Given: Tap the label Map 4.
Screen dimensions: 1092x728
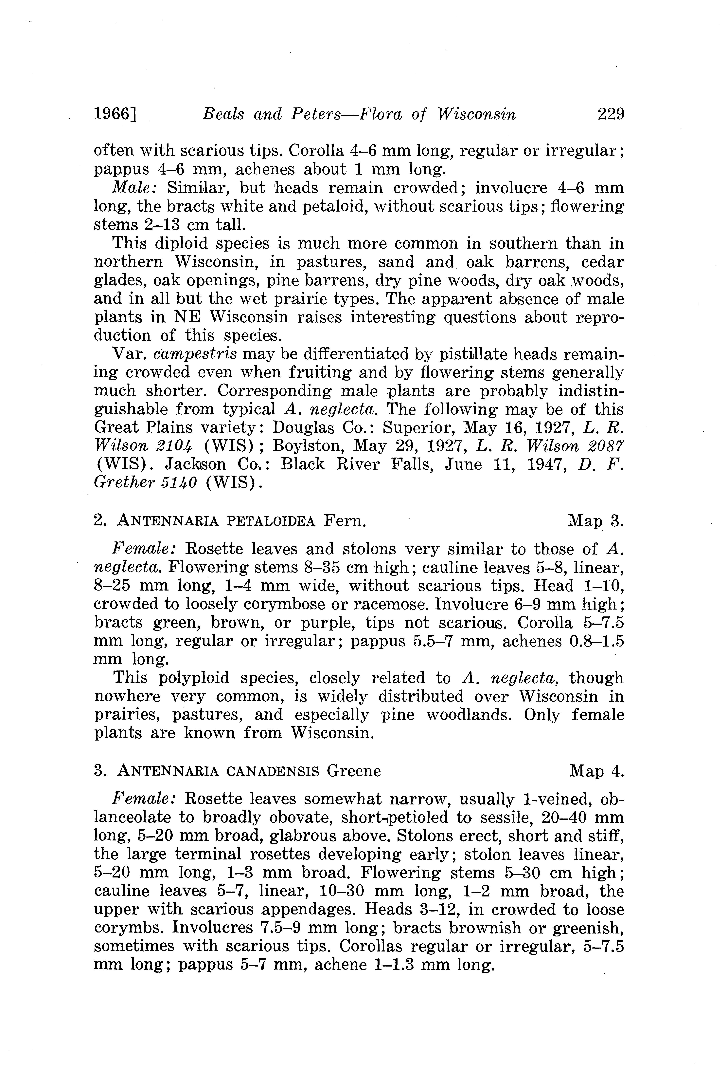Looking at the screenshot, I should click(x=597, y=771).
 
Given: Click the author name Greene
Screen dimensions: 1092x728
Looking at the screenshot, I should click(x=354, y=771).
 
